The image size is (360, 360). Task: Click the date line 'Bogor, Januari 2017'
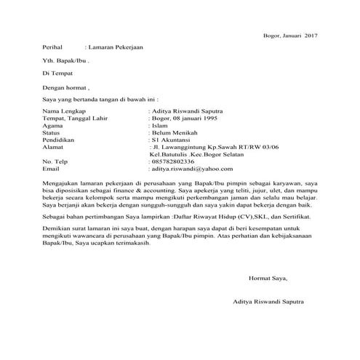click(x=289, y=35)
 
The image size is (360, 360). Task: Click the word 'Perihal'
click(x=54, y=48)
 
